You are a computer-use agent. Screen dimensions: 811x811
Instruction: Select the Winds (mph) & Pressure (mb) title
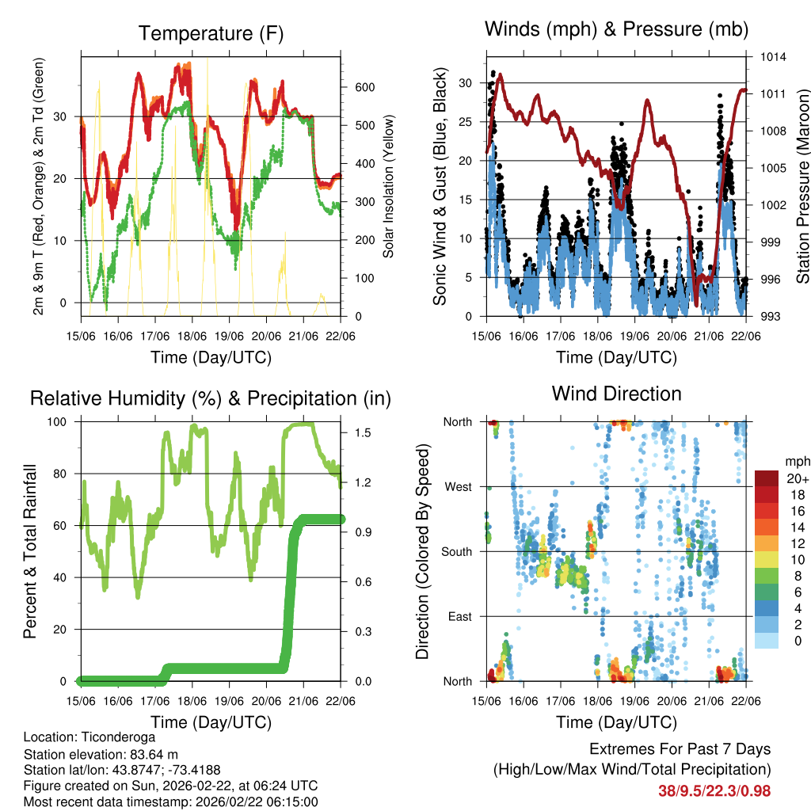616,29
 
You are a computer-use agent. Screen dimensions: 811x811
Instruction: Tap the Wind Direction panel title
616,394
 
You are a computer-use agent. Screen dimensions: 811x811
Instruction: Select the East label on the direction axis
459,616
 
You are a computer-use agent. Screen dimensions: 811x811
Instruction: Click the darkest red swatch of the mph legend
766,478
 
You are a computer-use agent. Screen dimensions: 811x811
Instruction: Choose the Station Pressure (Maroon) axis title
801,185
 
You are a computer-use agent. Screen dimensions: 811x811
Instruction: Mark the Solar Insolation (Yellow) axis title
389,186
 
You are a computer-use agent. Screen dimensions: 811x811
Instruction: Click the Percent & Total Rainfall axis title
31,552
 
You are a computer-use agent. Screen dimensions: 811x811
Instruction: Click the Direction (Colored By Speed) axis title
423,552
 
